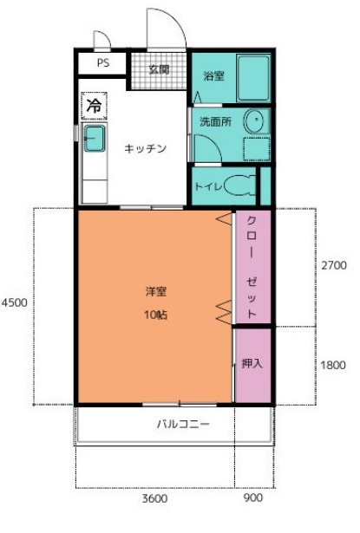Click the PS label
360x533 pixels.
pyautogui.click(x=102, y=63)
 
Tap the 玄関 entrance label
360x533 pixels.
pyautogui.click(x=158, y=69)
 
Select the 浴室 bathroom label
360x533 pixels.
pyautogui.click(x=213, y=75)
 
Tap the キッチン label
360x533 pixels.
pyautogui.click(x=145, y=147)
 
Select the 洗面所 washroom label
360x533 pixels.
pyautogui.click(x=216, y=121)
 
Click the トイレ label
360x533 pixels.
pyautogui.click(x=207, y=185)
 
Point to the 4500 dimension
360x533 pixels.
pyautogui.click(x=15, y=303)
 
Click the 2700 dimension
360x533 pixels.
pyautogui.click(x=333, y=265)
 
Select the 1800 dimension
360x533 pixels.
pyautogui.click(x=333, y=365)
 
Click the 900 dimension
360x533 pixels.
pyautogui.click(x=254, y=499)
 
